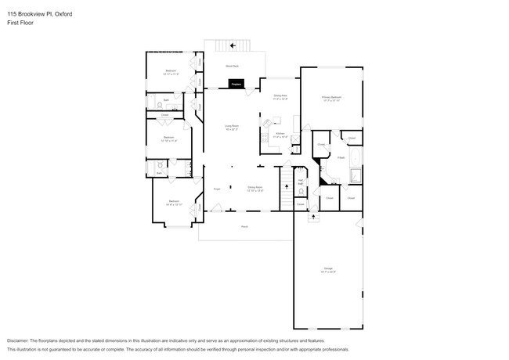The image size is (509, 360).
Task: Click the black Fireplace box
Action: point(236,83)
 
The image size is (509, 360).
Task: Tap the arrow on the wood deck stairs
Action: point(232,45)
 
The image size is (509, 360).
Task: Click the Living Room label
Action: point(232,127)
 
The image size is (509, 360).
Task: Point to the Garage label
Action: point(327,270)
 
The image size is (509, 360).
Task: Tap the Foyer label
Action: point(217,189)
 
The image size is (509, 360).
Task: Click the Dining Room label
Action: point(255,188)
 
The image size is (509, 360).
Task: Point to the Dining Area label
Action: point(280,97)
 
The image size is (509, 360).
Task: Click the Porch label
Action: point(244,226)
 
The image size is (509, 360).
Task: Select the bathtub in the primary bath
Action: point(355,175)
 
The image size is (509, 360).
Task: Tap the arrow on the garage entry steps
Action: point(314,215)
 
